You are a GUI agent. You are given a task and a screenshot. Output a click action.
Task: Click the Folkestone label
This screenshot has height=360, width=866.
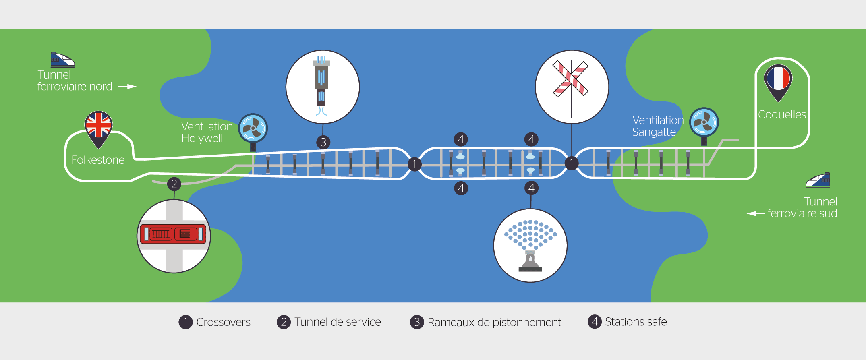(x=98, y=160)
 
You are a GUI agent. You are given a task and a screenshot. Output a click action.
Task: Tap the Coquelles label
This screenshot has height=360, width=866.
(x=782, y=114)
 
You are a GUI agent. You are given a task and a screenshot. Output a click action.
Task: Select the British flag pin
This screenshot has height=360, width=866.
(x=98, y=126)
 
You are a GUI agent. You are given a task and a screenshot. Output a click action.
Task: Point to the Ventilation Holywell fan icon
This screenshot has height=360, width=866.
(x=253, y=128)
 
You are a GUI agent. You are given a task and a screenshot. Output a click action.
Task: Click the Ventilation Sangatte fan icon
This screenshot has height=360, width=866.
(x=704, y=122)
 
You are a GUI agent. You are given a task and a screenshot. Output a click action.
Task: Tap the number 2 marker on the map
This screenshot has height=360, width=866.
(x=174, y=184)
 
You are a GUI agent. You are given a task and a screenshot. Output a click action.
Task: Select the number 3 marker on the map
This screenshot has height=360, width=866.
(x=323, y=142)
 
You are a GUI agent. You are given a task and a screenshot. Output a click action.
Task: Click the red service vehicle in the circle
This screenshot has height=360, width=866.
(x=173, y=234)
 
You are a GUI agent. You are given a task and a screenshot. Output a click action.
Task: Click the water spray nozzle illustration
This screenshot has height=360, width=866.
(x=530, y=245)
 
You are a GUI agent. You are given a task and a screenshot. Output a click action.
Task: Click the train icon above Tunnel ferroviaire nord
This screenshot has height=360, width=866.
(x=62, y=60)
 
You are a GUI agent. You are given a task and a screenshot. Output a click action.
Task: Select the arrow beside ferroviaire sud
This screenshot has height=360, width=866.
(x=756, y=213)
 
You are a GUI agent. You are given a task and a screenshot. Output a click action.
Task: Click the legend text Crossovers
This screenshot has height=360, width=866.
(x=223, y=322)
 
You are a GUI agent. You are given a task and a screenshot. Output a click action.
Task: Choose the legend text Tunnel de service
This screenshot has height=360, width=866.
(x=338, y=322)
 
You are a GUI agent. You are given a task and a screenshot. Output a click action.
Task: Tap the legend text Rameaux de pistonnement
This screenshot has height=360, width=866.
(x=494, y=322)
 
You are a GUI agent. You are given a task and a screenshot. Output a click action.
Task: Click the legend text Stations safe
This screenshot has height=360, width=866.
(x=636, y=322)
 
